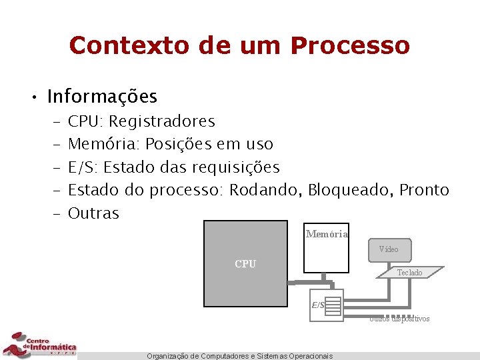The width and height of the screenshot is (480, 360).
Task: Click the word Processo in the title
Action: point(350,45)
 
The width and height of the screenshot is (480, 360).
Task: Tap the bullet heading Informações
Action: point(102,97)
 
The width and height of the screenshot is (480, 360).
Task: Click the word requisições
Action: point(236,167)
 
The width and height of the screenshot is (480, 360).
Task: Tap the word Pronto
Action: point(424,190)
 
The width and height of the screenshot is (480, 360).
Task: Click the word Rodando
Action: point(265,190)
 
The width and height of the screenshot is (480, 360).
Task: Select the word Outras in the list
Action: point(93,213)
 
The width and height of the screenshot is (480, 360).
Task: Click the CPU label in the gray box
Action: point(245,264)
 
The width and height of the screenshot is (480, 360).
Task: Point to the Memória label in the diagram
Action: point(327,234)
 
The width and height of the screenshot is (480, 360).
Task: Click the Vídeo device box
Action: point(389,249)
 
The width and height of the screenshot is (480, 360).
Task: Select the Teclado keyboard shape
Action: point(409,272)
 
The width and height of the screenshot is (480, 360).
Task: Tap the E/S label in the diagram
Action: point(318,305)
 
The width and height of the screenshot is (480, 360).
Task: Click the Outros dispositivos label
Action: point(400,319)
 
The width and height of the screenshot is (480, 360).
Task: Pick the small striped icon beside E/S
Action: point(333,305)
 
